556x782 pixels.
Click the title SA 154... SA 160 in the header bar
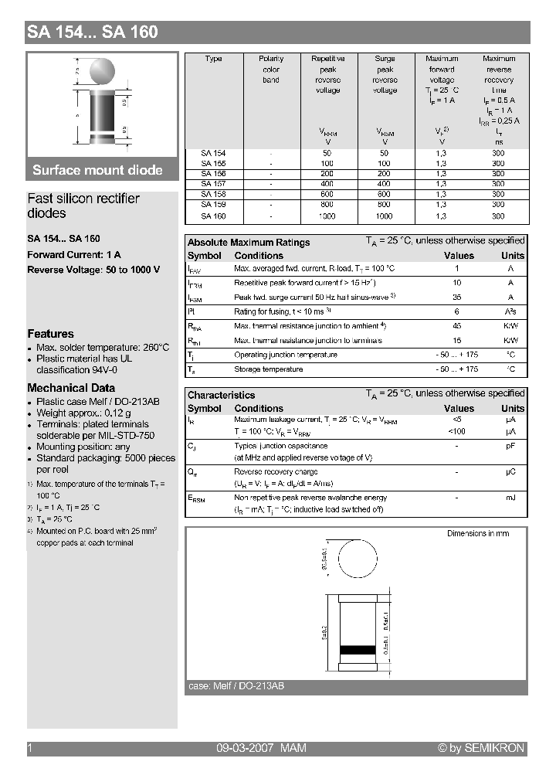click(x=93, y=32)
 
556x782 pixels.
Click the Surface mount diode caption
click(x=97, y=170)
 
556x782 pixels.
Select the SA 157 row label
click(x=213, y=184)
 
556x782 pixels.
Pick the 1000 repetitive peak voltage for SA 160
click(x=327, y=216)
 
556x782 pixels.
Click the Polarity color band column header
click(x=271, y=70)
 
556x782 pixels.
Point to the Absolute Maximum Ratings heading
click(x=249, y=243)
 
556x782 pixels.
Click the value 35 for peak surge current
click(x=457, y=297)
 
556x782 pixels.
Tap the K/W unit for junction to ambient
click(x=510, y=326)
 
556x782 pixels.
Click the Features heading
click(x=50, y=334)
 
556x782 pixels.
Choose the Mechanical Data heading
click(x=71, y=388)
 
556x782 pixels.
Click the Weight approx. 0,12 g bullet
click(x=83, y=413)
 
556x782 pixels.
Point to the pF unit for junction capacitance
click(x=510, y=446)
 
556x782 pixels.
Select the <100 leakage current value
click(x=457, y=430)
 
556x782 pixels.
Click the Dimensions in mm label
click(x=478, y=533)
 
